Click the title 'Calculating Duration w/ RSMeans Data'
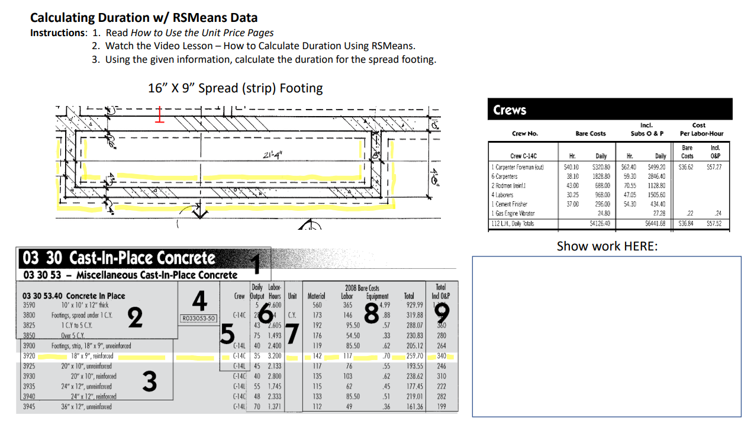tap(144, 18)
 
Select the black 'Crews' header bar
tap(610, 110)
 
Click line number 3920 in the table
tap(28, 356)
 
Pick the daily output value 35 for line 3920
tap(256, 356)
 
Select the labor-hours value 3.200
tap(274, 356)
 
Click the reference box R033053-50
tap(199, 318)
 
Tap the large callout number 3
tap(149, 382)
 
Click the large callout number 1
tap(255, 263)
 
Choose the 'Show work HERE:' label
tap(607, 246)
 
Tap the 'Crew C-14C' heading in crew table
tap(523, 156)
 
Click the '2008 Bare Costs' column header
tap(362, 288)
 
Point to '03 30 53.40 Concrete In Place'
tap(73, 295)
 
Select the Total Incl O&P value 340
tap(442, 356)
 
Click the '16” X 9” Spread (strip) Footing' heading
tap(235, 88)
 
